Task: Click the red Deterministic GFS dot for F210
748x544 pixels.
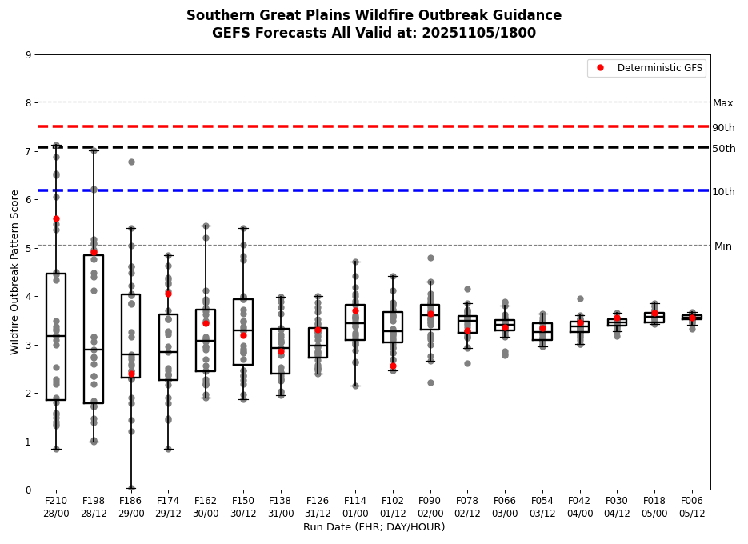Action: point(56,218)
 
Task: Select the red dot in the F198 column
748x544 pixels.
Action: point(94,252)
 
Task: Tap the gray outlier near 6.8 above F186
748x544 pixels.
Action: point(131,162)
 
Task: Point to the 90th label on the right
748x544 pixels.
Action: point(723,128)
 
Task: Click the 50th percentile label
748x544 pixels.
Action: point(723,149)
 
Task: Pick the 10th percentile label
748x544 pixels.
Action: point(723,192)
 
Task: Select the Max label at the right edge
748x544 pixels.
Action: point(722,103)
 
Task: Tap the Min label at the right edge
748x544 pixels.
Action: point(722,246)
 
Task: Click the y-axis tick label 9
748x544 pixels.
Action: point(29,55)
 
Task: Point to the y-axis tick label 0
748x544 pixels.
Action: point(29,490)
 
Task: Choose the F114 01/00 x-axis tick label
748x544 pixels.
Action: point(355,506)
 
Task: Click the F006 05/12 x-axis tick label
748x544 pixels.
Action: point(692,506)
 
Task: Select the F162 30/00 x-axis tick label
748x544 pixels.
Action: point(206,506)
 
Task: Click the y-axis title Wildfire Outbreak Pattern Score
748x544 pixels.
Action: point(14,272)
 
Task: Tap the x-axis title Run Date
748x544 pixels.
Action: point(374,527)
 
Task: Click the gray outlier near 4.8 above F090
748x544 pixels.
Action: point(430,258)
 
